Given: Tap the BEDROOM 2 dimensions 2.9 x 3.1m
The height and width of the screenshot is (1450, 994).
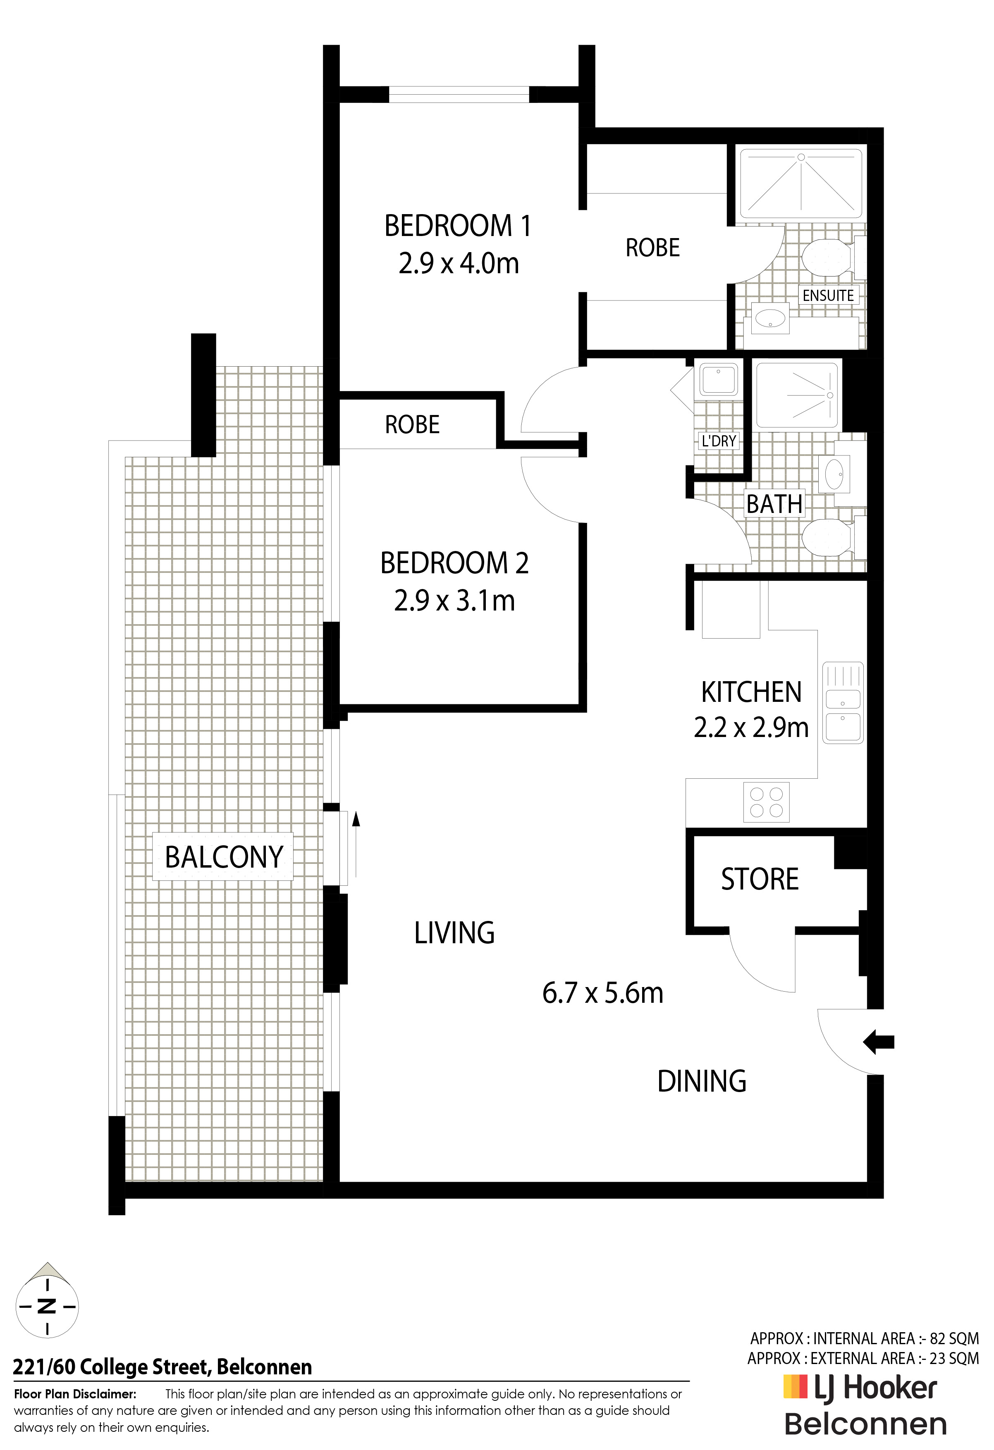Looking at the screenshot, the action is (454, 601).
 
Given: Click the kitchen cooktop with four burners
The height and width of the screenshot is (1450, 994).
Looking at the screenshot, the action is (766, 802).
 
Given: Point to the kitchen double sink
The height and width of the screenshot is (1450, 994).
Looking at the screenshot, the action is (843, 703).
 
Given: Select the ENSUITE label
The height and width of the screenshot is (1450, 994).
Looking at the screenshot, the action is (828, 295).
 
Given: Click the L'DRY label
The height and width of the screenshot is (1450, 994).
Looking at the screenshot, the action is (719, 441).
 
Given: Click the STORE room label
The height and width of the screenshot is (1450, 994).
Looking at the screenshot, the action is (760, 879).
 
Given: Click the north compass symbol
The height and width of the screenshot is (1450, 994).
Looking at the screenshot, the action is (47, 1306).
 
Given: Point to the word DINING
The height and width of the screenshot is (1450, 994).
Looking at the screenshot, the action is (702, 1081).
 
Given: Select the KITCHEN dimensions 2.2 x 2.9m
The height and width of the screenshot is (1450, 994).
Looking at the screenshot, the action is (751, 727).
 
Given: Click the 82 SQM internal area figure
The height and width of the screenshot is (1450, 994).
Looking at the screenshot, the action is (955, 1339).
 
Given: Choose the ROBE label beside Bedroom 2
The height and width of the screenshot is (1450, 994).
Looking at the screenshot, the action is (413, 425).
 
